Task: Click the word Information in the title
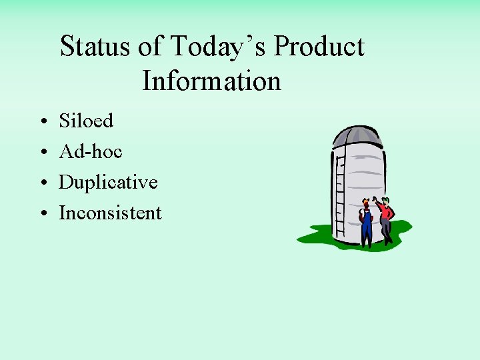(211, 81)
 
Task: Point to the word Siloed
(86, 121)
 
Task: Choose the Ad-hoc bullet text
(91, 151)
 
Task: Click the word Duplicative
(108, 182)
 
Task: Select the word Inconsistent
(110, 213)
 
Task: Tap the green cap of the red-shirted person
(385, 199)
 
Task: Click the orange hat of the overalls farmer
(365, 203)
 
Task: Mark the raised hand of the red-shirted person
(375, 199)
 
